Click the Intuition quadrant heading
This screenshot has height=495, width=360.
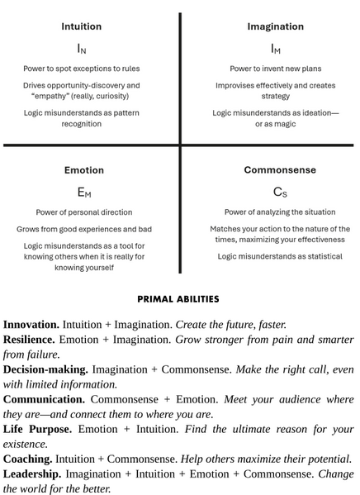pyautogui.click(x=82, y=26)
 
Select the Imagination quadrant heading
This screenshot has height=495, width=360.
pyautogui.click(x=276, y=26)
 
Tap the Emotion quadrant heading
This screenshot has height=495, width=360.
pyautogui.click(x=84, y=170)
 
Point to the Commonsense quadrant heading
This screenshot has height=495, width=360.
pyautogui.click(x=280, y=170)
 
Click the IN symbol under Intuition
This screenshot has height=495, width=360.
pyautogui.click(x=82, y=49)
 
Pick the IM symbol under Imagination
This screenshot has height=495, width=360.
pyautogui.click(x=276, y=49)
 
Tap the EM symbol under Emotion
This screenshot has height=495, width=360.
pyautogui.click(x=84, y=193)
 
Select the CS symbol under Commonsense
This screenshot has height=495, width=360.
pyautogui.click(x=280, y=193)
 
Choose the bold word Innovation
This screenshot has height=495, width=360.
pyautogui.click(x=31, y=325)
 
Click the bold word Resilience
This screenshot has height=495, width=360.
pyautogui.click(x=31, y=340)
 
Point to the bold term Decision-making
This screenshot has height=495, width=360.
pyautogui.click(x=45, y=369)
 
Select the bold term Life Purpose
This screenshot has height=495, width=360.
pyautogui.click(x=37, y=429)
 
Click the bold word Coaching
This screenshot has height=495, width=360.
pyautogui.click(x=27, y=459)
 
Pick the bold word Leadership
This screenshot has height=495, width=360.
pyautogui.click(x=32, y=474)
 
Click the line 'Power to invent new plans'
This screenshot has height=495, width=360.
pyautogui.click(x=276, y=69)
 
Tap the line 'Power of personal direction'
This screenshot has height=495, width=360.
pyautogui.click(x=84, y=212)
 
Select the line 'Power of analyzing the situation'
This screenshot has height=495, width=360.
pyautogui.click(x=280, y=212)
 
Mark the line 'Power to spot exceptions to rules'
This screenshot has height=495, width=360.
pyautogui.click(x=82, y=69)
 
